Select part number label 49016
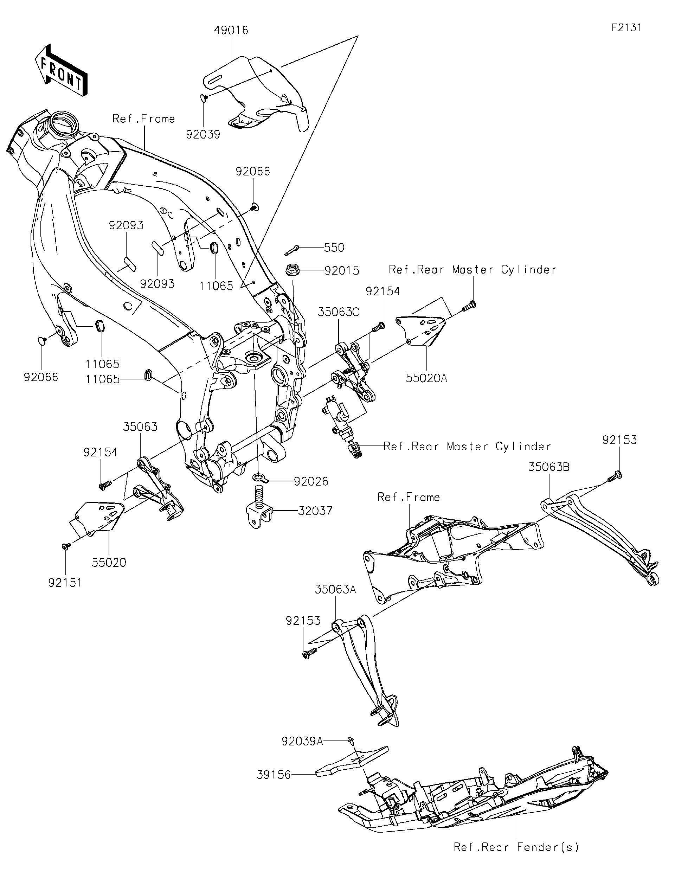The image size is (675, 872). click(x=231, y=30)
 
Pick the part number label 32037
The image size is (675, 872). click(x=315, y=511)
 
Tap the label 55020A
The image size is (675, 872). click(x=426, y=378)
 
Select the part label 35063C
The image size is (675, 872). click(x=339, y=312)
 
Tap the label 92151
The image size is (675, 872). click(x=65, y=583)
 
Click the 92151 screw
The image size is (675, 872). click(x=65, y=545)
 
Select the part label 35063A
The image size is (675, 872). click(x=335, y=589)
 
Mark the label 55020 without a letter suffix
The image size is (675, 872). click(x=109, y=563)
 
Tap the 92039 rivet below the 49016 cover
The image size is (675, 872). click(x=203, y=97)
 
